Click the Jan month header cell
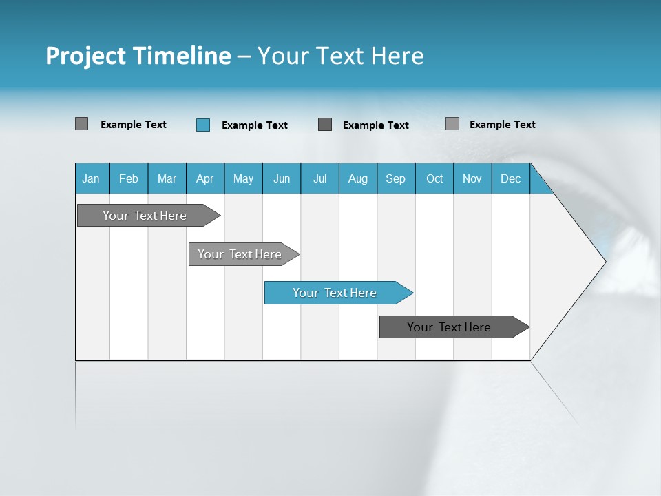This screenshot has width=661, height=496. (91, 178)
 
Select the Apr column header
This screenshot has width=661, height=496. (204, 178)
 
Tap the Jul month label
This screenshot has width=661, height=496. (319, 178)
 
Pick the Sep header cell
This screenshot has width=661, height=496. (395, 178)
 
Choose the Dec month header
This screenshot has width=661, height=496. (510, 178)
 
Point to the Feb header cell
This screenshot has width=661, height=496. (129, 178)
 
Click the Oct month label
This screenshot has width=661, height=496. (434, 178)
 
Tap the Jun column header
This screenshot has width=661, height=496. (281, 178)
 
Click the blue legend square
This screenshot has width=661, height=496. (203, 125)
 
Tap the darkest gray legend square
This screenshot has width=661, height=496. (325, 125)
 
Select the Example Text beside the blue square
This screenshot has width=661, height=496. (254, 125)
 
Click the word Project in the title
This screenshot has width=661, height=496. (86, 56)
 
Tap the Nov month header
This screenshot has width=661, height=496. (472, 178)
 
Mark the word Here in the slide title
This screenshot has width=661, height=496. (397, 56)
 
